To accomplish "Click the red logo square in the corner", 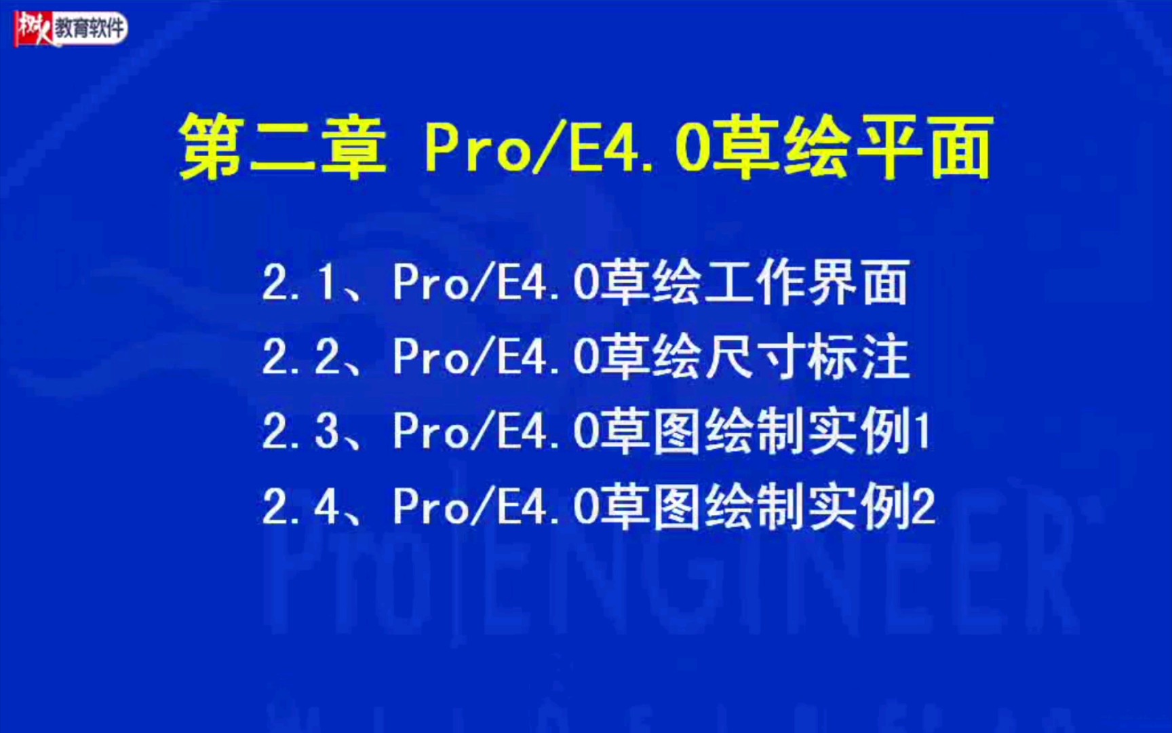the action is coord(34,29).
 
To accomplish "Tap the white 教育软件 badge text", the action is coord(90,29).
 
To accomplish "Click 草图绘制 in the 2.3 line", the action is coord(704,432).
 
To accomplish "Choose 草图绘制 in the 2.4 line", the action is coord(704,506).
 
